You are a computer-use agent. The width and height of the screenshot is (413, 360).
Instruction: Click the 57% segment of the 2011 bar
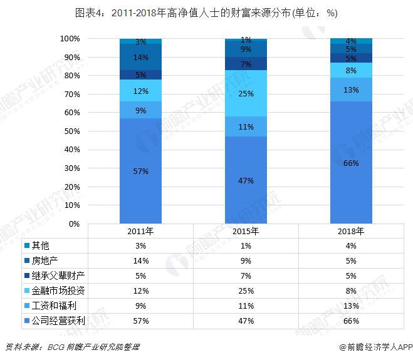(141, 170)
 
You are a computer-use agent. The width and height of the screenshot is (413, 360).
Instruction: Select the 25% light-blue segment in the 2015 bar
(246, 93)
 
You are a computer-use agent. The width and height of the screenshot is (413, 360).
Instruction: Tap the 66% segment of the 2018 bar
(352, 163)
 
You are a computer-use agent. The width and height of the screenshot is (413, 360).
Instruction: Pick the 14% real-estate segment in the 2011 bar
(141, 57)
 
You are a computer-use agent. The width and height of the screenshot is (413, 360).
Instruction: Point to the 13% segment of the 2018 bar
(352, 90)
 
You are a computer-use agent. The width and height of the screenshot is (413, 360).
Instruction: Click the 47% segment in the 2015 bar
(246, 180)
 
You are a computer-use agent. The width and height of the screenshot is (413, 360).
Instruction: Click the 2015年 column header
(246, 231)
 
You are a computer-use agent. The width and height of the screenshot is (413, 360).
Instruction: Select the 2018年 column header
(352, 231)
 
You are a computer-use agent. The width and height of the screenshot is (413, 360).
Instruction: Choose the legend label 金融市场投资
(58, 291)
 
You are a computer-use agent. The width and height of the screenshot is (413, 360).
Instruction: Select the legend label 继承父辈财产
(58, 275)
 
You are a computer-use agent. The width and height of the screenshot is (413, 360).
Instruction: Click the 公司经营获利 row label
(58, 321)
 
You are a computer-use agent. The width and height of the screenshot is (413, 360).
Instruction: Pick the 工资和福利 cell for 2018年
(351, 306)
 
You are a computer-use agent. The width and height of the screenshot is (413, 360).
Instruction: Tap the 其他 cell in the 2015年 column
(246, 245)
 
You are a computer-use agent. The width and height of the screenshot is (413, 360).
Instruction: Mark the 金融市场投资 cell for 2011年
(141, 291)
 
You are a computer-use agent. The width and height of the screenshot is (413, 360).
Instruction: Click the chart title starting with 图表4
(206, 13)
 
